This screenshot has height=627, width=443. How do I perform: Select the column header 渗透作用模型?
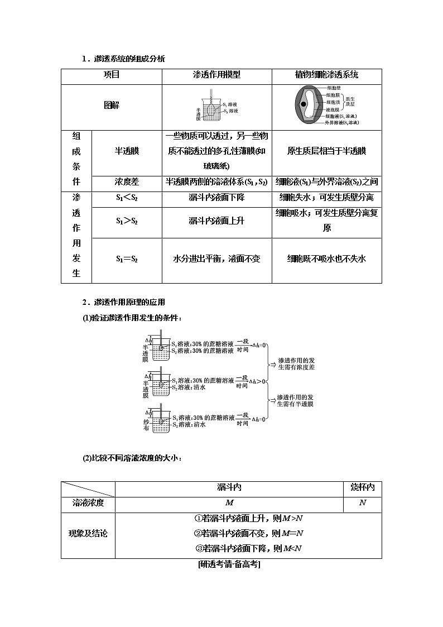click(x=216, y=75)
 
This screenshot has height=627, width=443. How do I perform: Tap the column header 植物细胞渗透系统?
click(x=326, y=75)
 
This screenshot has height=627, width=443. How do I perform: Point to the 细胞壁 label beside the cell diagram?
click(x=334, y=88)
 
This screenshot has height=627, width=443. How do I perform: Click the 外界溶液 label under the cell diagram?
click(x=341, y=122)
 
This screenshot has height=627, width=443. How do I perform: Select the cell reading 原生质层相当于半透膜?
click(x=326, y=151)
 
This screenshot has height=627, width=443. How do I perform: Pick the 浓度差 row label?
click(x=127, y=181)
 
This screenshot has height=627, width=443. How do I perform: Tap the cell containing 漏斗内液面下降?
click(x=216, y=197)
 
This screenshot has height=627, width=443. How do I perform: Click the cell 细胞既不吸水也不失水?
click(x=326, y=259)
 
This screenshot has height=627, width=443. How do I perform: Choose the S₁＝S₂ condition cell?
click(x=127, y=259)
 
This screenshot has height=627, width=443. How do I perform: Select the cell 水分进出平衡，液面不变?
click(x=216, y=259)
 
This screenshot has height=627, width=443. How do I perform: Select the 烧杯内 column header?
click(x=362, y=487)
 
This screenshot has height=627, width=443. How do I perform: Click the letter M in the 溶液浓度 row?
click(x=229, y=502)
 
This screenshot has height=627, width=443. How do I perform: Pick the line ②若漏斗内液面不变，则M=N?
click(x=248, y=533)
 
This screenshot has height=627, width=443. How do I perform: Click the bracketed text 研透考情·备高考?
click(x=229, y=564)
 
